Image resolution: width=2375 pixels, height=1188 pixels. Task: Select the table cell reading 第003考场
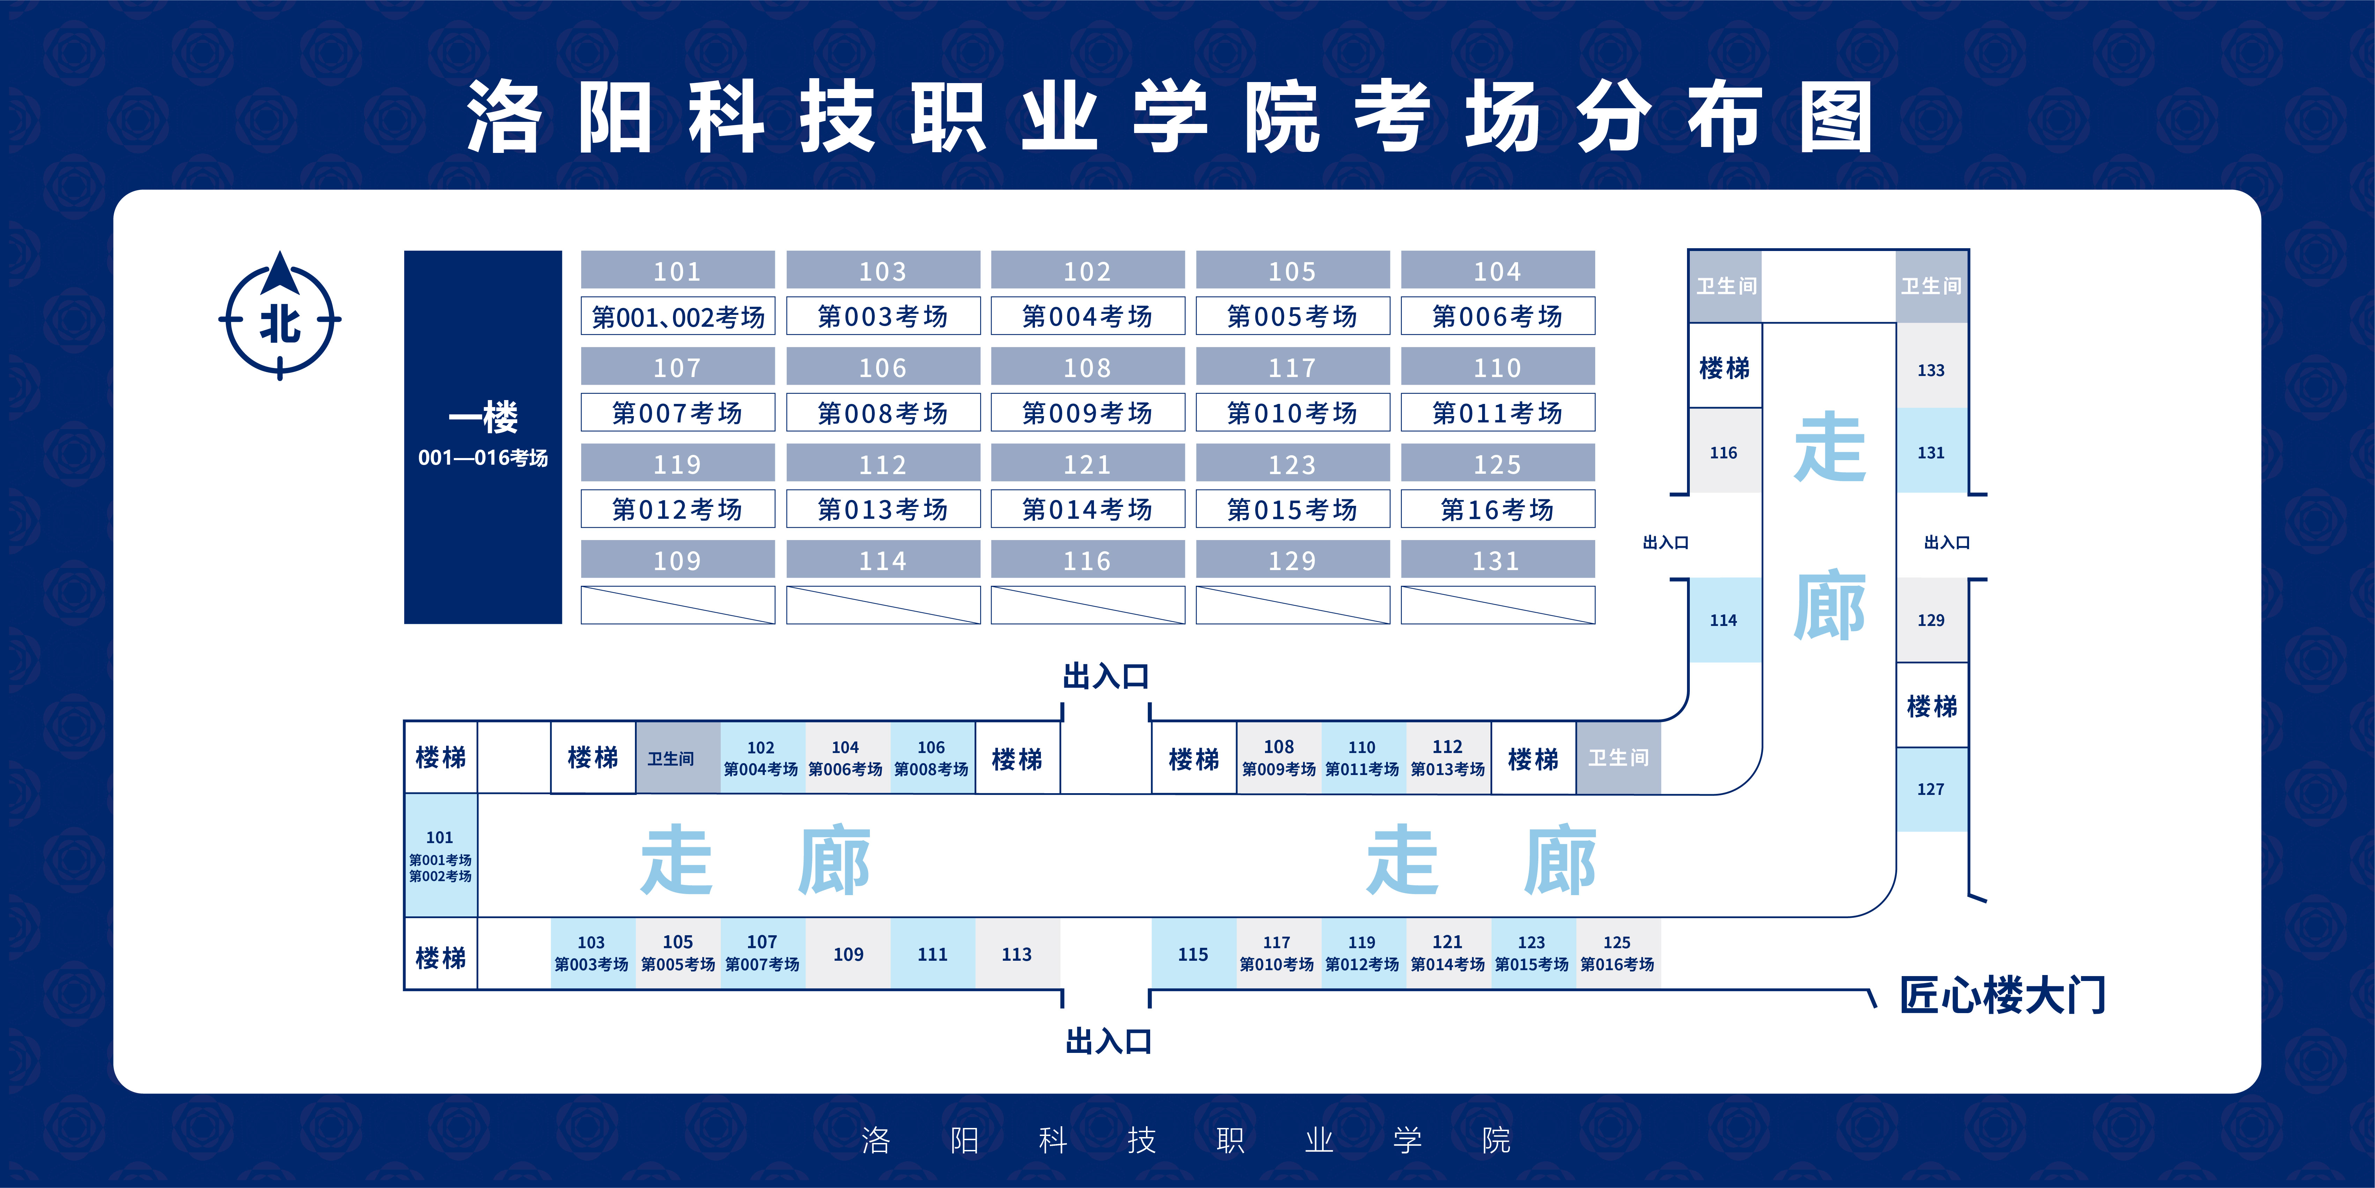coord(882,316)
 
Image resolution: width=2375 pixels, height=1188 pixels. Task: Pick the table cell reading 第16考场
coord(1497,509)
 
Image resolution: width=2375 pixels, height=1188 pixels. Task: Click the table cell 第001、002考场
coord(678,316)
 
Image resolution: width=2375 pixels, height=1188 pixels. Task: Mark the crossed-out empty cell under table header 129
coord(1292,605)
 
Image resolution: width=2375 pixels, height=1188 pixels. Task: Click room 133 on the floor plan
coord(1931,370)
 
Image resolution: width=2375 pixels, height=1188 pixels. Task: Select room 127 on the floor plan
coord(1931,789)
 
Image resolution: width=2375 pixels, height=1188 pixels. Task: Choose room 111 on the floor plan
coord(932,954)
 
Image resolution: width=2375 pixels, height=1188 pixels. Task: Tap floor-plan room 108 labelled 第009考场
coord(1278,757)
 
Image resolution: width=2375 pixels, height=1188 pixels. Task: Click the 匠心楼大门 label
coord(2003,995)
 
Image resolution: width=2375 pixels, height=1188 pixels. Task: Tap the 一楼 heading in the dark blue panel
coord(483,417)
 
